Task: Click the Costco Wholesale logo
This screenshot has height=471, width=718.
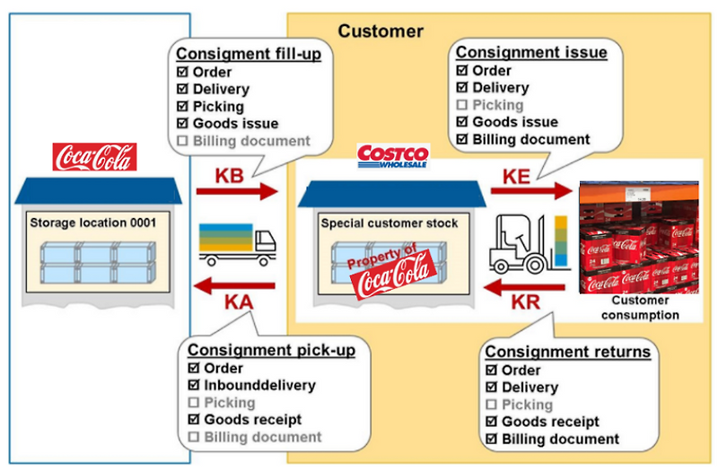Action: click(x=393, y=156)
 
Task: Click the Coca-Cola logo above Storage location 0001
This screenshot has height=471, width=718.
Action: click(x=95, y=156)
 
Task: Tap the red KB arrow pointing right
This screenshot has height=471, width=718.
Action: click(x=247, y=191)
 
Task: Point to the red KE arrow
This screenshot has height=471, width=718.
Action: click(x=530, y=190)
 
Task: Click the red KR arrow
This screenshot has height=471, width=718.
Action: click(x=526, y=287)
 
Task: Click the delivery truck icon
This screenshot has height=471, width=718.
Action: click(x=237, y=243)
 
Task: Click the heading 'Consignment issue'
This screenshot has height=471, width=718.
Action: click(x=531, y=52)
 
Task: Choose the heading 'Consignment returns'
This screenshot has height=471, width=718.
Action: click(x=567, y=352)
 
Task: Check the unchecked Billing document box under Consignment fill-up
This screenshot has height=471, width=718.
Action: click(x=183, y=141)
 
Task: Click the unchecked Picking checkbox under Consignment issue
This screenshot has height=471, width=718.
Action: click(x=462, y=105)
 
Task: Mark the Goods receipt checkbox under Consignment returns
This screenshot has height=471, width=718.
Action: click(x=491, y=422)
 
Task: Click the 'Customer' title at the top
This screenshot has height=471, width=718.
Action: click(x=380, y=31)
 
